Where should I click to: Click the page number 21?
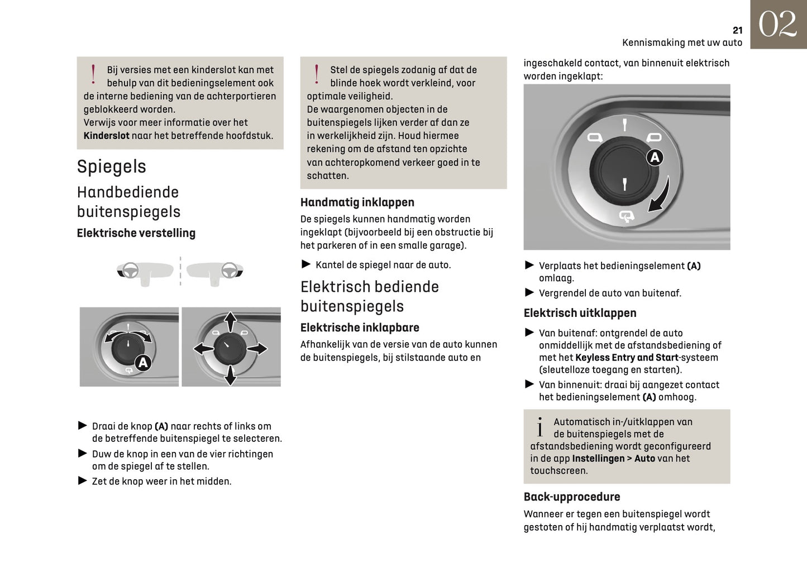737,30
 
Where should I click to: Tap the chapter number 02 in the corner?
777,25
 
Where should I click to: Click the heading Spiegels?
111,166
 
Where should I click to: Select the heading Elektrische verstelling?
136,233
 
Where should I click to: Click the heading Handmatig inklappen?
357,203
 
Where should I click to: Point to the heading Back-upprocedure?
571,497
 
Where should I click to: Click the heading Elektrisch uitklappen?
580,313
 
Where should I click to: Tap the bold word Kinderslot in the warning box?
106,136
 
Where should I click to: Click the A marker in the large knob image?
655,158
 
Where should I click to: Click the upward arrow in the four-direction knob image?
230,321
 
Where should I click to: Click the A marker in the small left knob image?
143,363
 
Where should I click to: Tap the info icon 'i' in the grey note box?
539,427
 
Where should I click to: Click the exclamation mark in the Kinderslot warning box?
93,74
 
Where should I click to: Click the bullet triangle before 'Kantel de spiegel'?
306,264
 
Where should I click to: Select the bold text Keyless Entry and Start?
627,358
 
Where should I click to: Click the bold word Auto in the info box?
644,459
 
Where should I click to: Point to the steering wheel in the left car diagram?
131,271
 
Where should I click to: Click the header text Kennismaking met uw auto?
682,42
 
